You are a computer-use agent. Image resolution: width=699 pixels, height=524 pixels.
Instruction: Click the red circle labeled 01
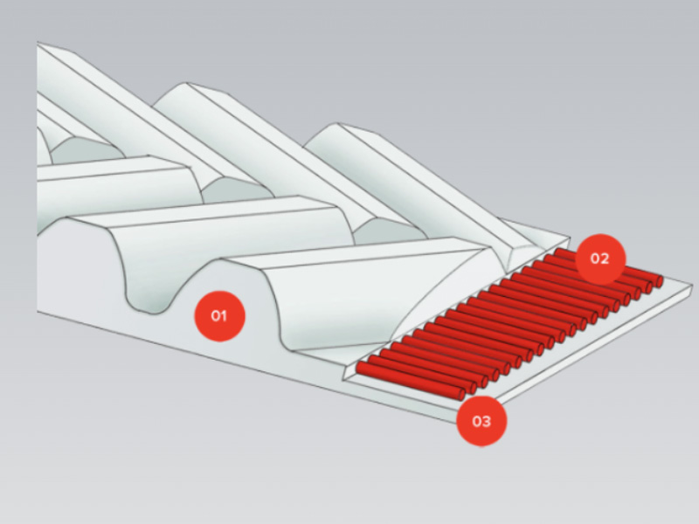coord(219,316)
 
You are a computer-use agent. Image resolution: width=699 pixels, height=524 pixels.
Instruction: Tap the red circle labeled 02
coord(600,259)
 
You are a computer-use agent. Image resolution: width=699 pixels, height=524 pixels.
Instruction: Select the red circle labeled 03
coord(481,421)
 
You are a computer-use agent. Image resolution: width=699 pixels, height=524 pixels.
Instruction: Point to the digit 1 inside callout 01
coord(224,316)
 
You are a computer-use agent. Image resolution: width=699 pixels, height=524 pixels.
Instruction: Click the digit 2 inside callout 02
coord(605,259)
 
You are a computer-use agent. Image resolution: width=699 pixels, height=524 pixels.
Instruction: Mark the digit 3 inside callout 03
coord(487,421)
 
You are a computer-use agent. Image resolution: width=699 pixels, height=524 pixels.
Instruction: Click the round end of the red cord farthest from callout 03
coord(660,281)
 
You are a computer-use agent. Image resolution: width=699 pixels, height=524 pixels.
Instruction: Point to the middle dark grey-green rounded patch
coord(236,190)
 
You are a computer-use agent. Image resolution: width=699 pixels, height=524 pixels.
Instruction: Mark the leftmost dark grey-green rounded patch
coord(86,149)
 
